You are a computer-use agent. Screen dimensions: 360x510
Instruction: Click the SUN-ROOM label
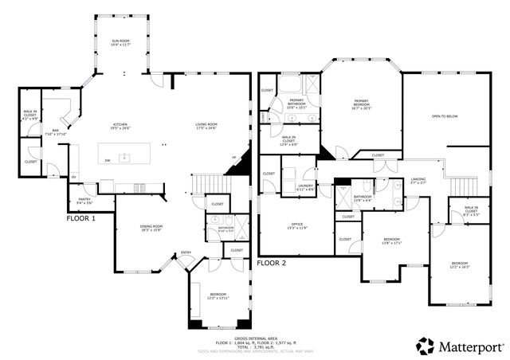click(121, 40)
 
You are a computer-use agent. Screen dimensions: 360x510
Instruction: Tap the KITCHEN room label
click(120, 126)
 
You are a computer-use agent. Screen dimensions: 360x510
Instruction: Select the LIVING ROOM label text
click(206, 126)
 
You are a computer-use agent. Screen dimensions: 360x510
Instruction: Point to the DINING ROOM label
click(151, 227)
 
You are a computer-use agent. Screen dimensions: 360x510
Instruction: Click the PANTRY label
click(84, 200)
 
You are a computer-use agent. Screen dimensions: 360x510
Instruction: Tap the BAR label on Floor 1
click(57, 131)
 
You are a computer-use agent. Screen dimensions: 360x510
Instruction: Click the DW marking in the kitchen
click(107, 160)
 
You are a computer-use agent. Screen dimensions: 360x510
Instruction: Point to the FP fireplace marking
click(233, 158)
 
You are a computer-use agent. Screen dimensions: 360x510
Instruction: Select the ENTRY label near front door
click(186, 253)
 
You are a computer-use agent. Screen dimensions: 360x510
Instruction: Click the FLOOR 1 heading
click(80, 217)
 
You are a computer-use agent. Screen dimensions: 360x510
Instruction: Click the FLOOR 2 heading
click(272, 262)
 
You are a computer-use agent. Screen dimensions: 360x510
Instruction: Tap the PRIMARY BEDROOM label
click(363, 102)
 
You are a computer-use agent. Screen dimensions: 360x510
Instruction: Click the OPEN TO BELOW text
click(444, 116)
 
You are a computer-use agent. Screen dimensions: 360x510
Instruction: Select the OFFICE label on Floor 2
click(299, 225)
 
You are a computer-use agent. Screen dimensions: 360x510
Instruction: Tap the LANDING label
click(418, 179)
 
